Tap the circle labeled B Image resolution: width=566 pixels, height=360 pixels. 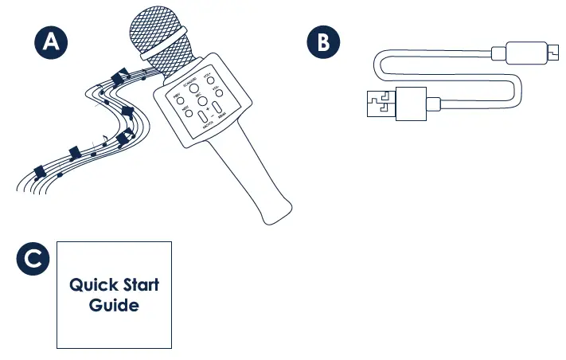[322, 43]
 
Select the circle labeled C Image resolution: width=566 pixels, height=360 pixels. [33, 259]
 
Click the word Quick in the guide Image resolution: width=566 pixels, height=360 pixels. [92, 285]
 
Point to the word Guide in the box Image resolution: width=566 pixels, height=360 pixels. [114, 305]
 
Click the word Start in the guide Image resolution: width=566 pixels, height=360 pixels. [140, 285]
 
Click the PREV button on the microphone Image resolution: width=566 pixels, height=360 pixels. [179, 101]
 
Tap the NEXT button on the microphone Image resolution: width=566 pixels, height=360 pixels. [188, 114]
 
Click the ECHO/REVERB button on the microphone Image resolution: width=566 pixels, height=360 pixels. [193, 88]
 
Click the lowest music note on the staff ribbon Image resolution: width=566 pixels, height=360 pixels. [40, 170]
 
